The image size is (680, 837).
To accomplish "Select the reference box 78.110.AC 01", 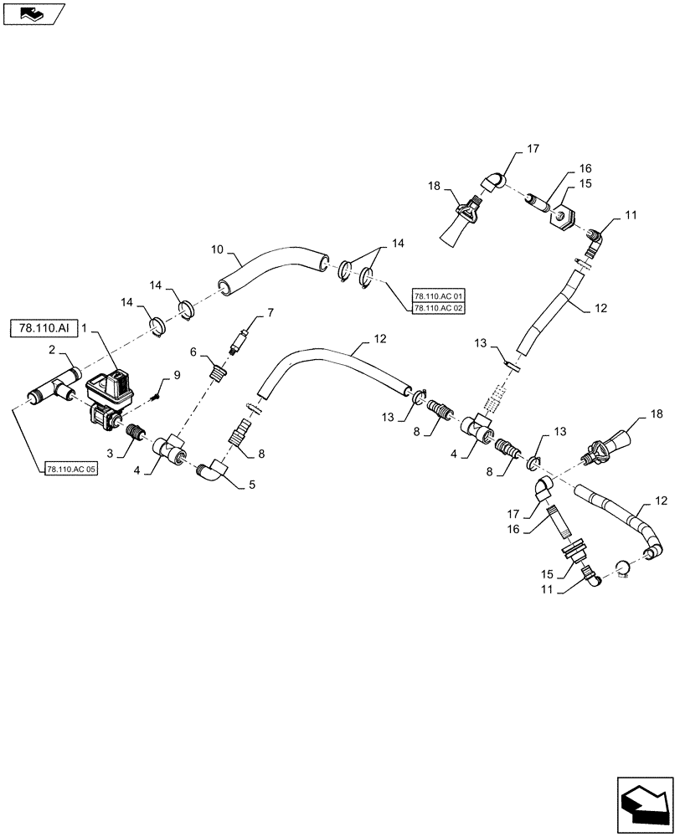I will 438,296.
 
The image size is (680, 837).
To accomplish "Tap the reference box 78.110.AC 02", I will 438,308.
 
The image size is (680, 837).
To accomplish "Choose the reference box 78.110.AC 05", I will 72,468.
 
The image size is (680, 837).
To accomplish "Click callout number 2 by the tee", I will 51,350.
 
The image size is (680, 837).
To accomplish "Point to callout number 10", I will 218,249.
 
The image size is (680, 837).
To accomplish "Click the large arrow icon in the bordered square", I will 645,804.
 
